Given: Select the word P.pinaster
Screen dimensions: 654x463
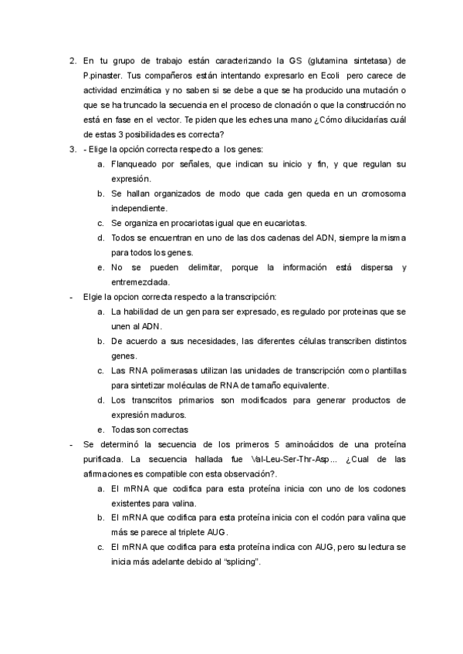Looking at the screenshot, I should tap(105, 76).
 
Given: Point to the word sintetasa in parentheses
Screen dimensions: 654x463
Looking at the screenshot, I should tap(369, 60).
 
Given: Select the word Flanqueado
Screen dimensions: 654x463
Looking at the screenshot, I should tap(137, 164).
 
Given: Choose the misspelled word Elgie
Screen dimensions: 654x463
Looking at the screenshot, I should tap(93, 297).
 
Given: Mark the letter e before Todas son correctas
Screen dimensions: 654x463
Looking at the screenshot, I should tap(100, 430).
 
